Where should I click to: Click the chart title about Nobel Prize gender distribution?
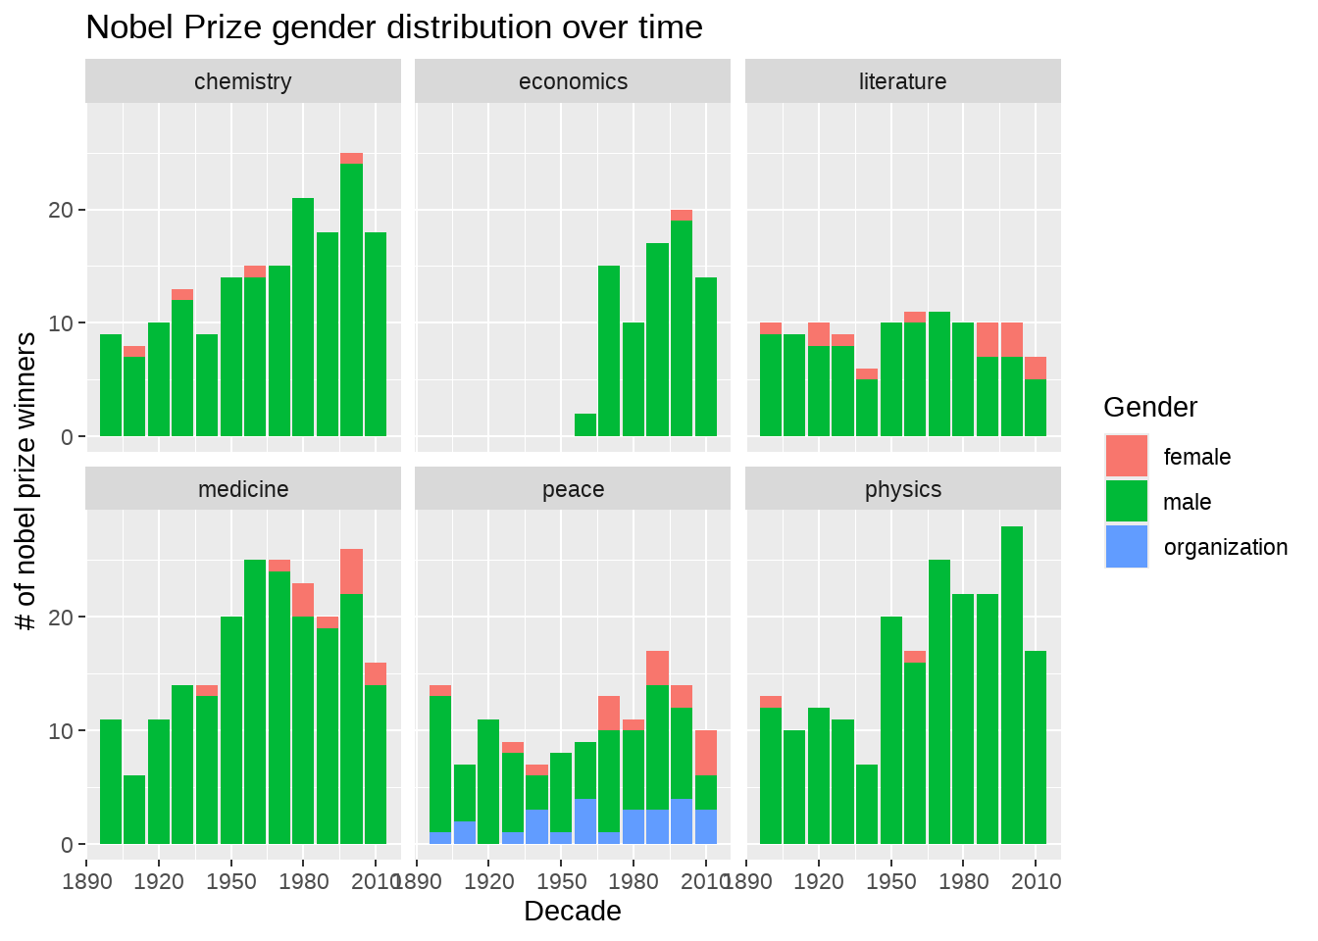pyautogui.click(x=394, y=27)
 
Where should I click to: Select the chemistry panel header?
pyautogui.click(x=243, y=81)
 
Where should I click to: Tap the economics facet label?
pyautogui.click(x=573, y=81)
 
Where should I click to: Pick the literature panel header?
pyautogui.click(x=902, y=81)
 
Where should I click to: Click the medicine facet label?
pyautogui.click(x=243, y=489)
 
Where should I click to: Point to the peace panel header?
pyautogui.click(x=573, y=489)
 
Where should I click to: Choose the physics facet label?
pyautogui.click(x=902, y=489)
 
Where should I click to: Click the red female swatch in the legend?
pyautogui.click(x=1126, y=457)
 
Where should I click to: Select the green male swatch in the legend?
pyautogui.click(x=1126, y=502)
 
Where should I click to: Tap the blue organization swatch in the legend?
pyautogui.click(x=1126, y=547)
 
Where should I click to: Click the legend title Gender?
pyautogui.click(x=1149, y=408)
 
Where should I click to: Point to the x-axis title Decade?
pyautogui.click(x=573, y=912)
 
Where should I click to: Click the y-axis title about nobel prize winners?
pyautogui.click(x=26, y=481)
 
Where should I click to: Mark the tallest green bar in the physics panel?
pyautogui.click(x=1012, y=686)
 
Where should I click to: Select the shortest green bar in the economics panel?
pyautogui.click(x=585, y=425)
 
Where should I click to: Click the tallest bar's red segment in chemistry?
pyautogui.click(x=352, y=159)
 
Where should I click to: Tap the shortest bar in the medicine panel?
pyautogui.click(x=134, y=810)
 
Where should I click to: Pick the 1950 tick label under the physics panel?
pyautogui.click(x=891, y=881)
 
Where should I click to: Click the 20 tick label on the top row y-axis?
pyautogui.click(x=60, y=211)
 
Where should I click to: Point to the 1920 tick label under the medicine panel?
pyautogui.click(x=159, y=881)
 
